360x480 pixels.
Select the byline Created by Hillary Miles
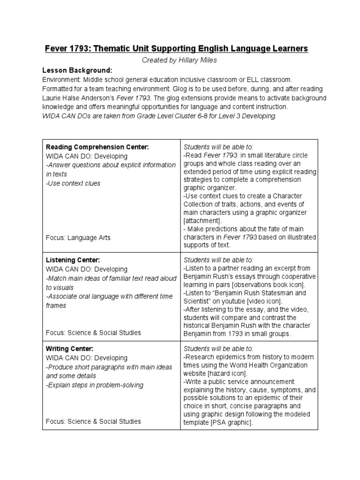[180, 60]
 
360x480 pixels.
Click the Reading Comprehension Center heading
[97, 147]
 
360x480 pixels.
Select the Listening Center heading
[73, 260]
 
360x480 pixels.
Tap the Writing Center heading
[69, 348]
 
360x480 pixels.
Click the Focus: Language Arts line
[78, 237]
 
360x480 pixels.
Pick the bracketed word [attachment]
[202, 220]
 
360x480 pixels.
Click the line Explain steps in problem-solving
[95, 385]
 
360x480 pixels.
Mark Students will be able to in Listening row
[218, 259]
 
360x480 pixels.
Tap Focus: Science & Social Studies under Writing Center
[93, 421]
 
